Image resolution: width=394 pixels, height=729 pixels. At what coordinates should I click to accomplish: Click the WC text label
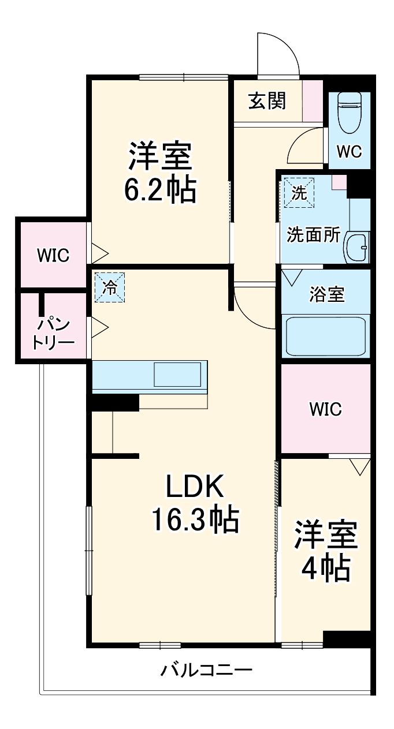[349, 152]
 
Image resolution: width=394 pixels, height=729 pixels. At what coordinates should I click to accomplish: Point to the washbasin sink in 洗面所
[356, 248]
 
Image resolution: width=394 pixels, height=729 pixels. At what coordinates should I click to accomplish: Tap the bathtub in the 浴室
[326, 335]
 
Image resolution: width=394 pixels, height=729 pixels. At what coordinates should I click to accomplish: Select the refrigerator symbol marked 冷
[109, 286]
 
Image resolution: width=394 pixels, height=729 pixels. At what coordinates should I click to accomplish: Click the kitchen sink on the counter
[177, 375]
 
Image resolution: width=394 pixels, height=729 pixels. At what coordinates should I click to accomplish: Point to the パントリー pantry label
[53, 332]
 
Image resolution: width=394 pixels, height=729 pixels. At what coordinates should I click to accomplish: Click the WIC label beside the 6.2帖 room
[53, 255]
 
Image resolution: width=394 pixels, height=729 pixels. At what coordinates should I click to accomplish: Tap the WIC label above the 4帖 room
[325, 409]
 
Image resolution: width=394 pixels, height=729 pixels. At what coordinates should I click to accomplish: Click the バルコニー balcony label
[206, 670]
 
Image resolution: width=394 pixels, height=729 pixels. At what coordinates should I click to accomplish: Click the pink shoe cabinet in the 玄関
[313, 100]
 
